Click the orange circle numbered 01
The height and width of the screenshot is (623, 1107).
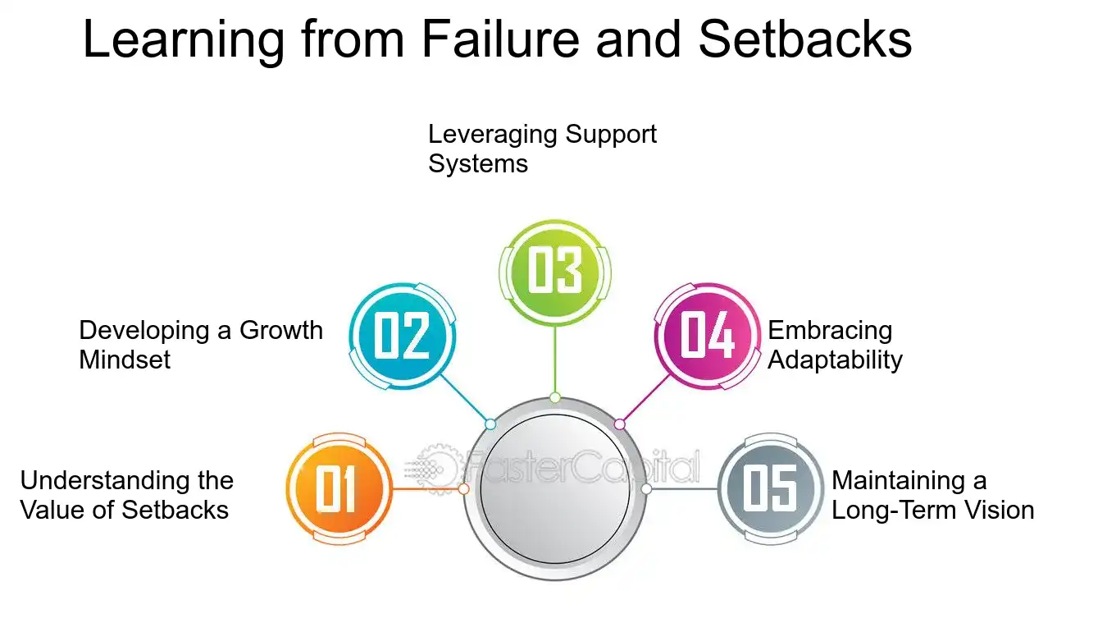338,489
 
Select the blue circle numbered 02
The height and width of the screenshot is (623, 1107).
402,336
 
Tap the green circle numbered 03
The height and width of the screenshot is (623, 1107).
554,272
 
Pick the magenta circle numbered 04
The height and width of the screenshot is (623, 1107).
707,336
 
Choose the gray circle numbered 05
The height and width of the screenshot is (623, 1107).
771,489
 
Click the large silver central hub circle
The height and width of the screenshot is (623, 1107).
554,489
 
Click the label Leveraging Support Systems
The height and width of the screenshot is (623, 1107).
542,149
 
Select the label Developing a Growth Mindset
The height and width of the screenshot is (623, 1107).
200,345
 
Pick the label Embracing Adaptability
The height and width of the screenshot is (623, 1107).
835,345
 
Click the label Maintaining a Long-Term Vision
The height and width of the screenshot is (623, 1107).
932,495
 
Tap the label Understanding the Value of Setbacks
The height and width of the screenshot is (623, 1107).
126,495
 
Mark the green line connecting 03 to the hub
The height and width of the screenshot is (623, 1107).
555,361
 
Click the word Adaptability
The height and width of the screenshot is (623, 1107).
835,360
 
